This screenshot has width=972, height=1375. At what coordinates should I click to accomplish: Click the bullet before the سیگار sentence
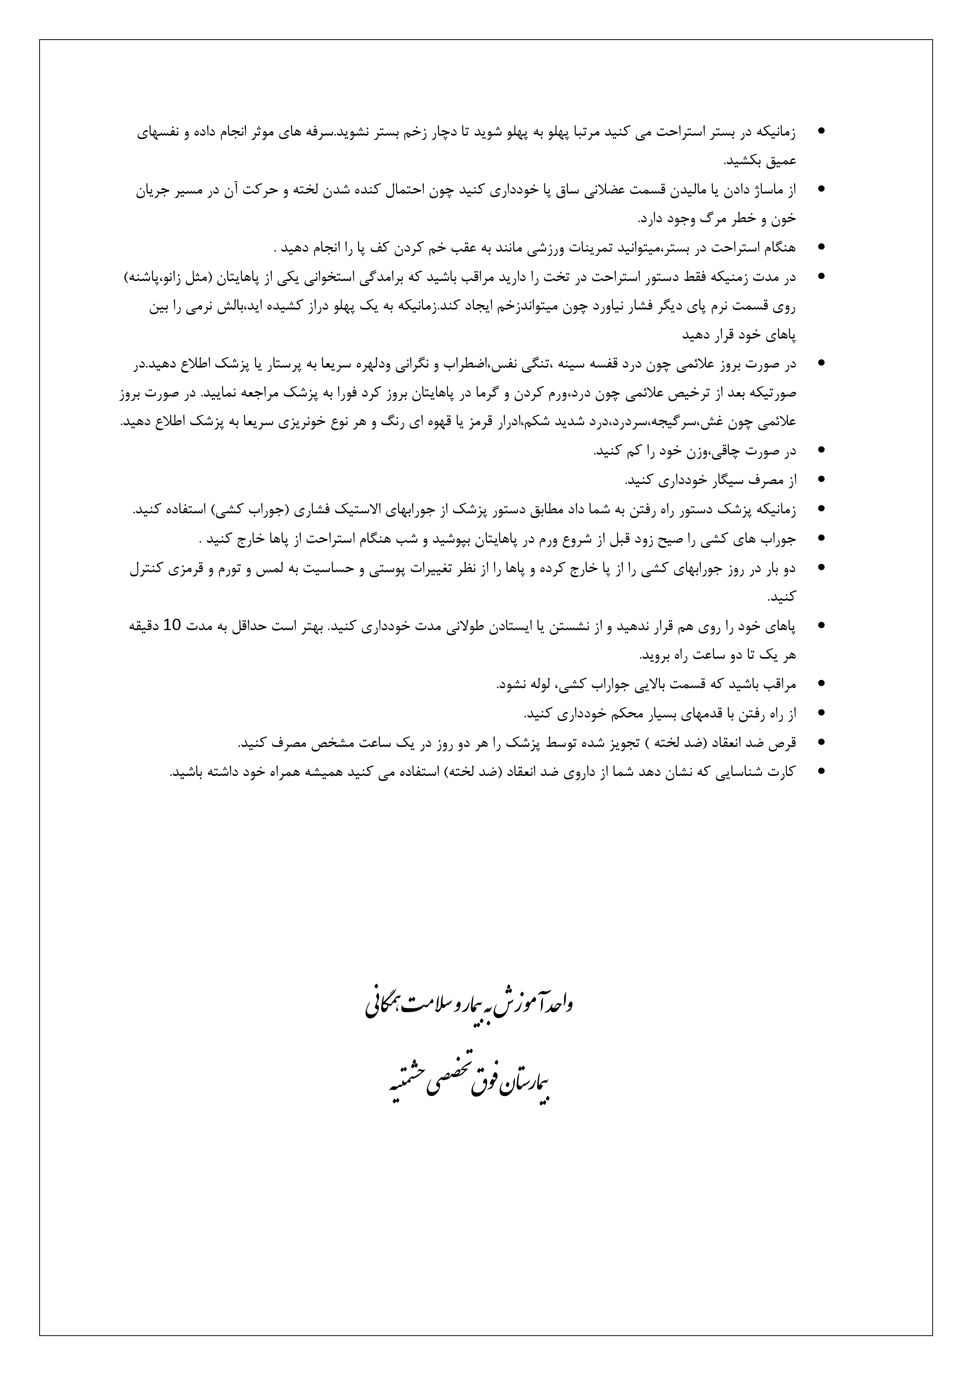point(820,480)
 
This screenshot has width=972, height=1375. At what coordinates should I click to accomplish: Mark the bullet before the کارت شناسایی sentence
point(820,771)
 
